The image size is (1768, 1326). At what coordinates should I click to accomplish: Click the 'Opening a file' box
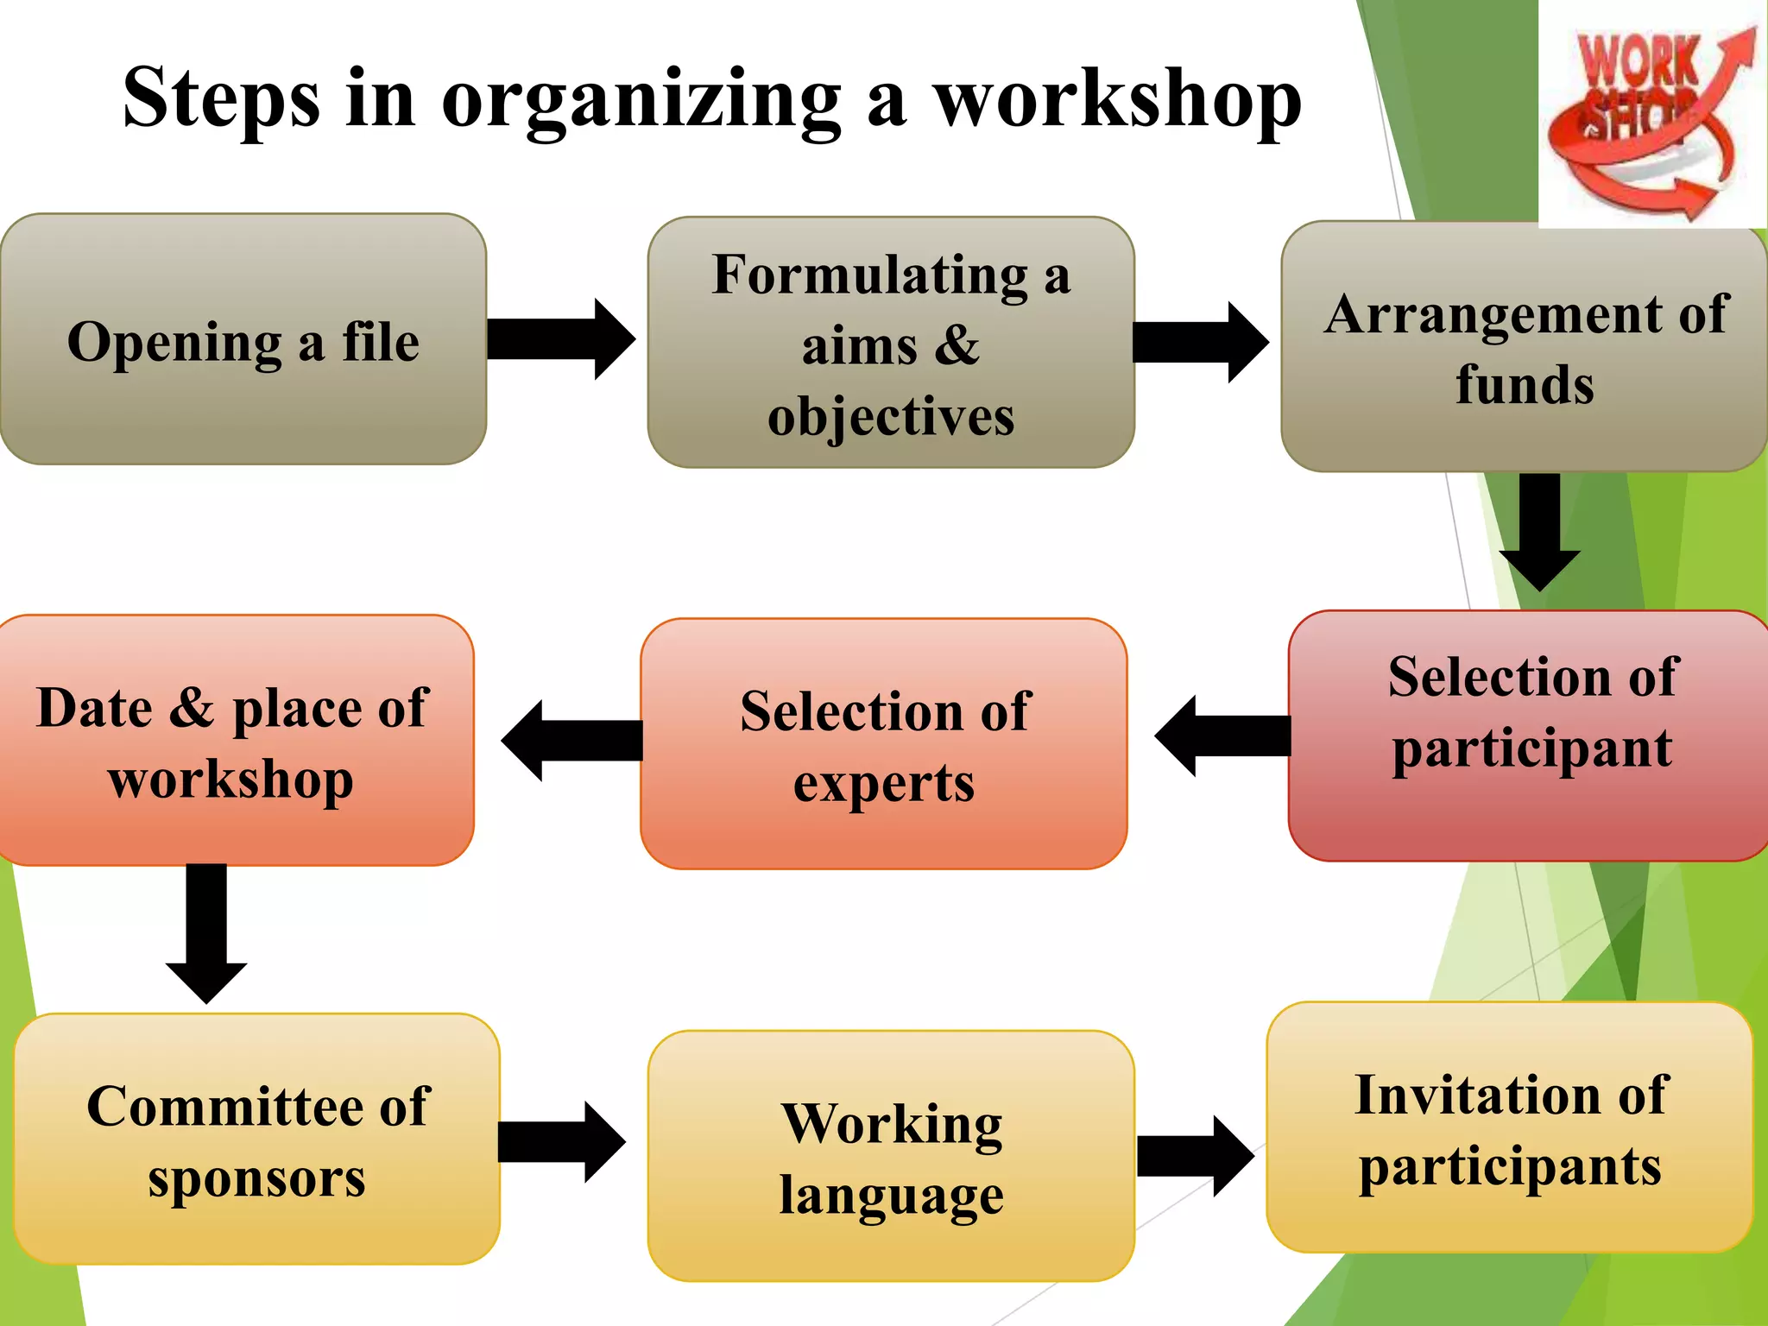point(243,339)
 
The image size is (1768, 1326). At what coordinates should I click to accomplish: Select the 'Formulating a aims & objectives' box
point(890,343)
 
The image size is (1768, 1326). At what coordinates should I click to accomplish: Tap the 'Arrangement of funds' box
point(1525,347)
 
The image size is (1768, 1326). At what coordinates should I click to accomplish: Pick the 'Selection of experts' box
point(883,743)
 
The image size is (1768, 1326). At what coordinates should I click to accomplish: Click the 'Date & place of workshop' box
point(233,740)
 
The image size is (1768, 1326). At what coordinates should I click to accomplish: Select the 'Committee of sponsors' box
point(256,1139)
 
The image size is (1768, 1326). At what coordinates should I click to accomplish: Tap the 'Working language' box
point(890,1155)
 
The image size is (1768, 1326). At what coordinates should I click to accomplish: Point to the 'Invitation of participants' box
point(1509,1127)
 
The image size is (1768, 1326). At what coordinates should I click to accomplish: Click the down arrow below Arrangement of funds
point(1539,531)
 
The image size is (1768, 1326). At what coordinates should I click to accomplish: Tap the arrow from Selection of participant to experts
point(1222,736)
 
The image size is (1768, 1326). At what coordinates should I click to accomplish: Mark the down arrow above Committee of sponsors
point(206,933)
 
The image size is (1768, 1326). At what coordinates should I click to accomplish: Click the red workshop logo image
point(1651,117)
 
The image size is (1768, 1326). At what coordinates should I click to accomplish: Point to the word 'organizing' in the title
point(641,99)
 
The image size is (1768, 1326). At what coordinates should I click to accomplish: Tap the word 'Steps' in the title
point(221,99)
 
